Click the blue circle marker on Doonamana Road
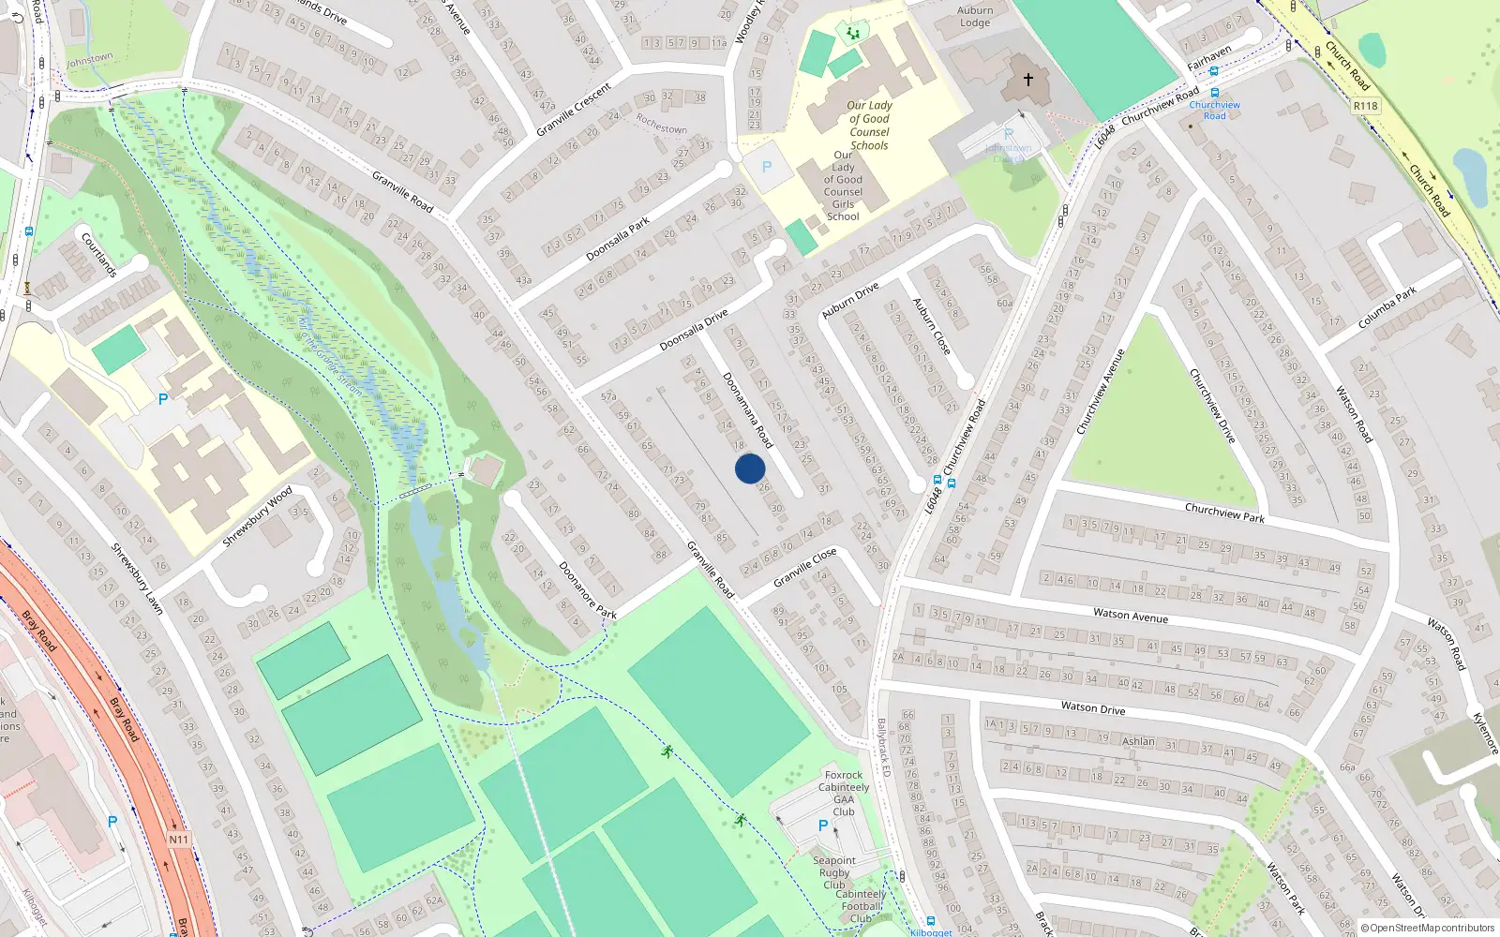750,468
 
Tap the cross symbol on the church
1028,81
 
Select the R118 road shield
1366,106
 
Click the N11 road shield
178,840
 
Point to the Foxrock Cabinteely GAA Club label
844,793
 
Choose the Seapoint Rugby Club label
834,872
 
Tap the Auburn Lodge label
975,17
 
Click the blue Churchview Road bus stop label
1214,111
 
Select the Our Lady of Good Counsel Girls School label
843,186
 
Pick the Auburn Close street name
932,326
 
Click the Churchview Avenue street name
1101,392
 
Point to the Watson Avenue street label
1131,616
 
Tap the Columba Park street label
1387,308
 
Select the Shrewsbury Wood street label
258,517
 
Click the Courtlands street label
99,255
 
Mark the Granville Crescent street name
574,110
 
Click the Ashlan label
1139,741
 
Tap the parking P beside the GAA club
823,825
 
